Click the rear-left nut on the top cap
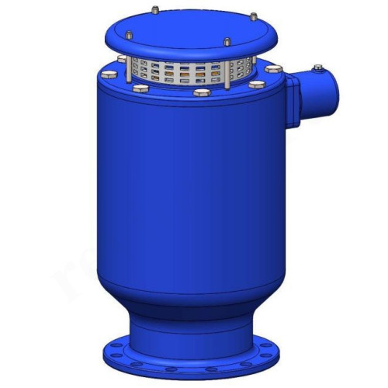(155, 10)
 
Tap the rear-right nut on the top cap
(253, 15)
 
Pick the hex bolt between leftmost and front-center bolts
(140, 89)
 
